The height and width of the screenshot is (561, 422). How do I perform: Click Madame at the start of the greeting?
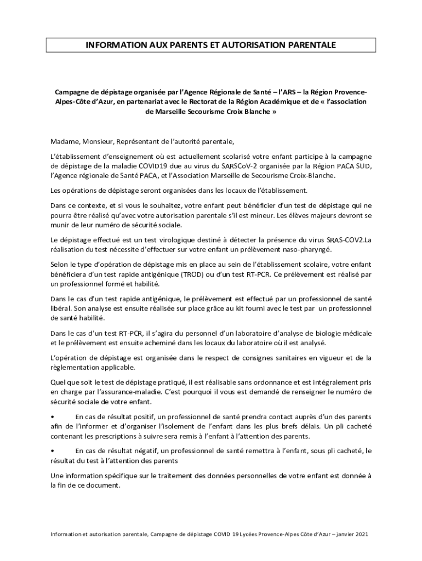tap(65, 141)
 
